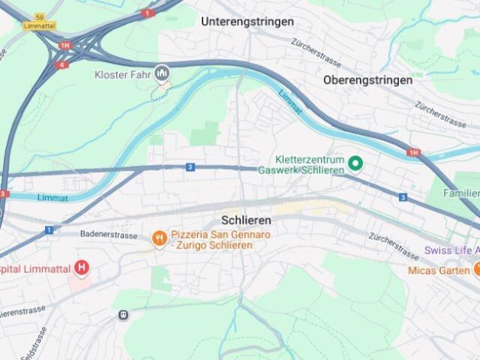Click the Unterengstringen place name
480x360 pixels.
point(247,22)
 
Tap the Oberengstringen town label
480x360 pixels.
point(367,79)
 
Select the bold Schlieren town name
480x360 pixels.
point(246,221)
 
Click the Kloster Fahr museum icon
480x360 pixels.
point(162,73)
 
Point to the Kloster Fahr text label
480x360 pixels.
point(123,74)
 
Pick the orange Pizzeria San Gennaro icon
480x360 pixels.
point(159,238)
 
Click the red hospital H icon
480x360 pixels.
point(82,268)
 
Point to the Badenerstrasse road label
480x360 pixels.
point(109,235)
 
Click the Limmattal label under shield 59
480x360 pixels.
point(40,25)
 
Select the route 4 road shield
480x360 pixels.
point(62,64)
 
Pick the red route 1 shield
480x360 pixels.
point(147,13)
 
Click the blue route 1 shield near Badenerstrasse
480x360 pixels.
point(48,229)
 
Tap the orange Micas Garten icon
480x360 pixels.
point(476,269)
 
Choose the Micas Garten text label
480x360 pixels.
point(439,270)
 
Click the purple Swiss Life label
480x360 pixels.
point(451,250)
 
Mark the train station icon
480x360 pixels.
point(123,316)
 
